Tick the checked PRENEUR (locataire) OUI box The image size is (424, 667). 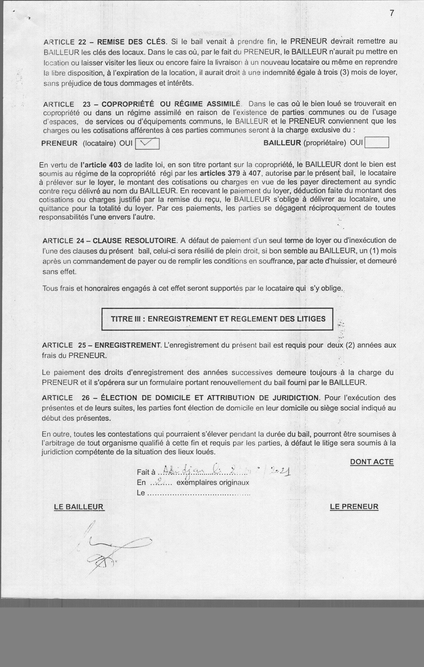[147, 143]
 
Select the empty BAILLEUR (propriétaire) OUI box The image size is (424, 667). [377, 143]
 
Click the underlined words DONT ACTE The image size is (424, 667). [372, 462]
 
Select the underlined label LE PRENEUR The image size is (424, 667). [354, 507]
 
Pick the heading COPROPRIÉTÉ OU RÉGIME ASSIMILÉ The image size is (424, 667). [171, 104]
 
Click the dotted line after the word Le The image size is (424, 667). [198, 493]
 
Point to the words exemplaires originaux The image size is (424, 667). [213, 482]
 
